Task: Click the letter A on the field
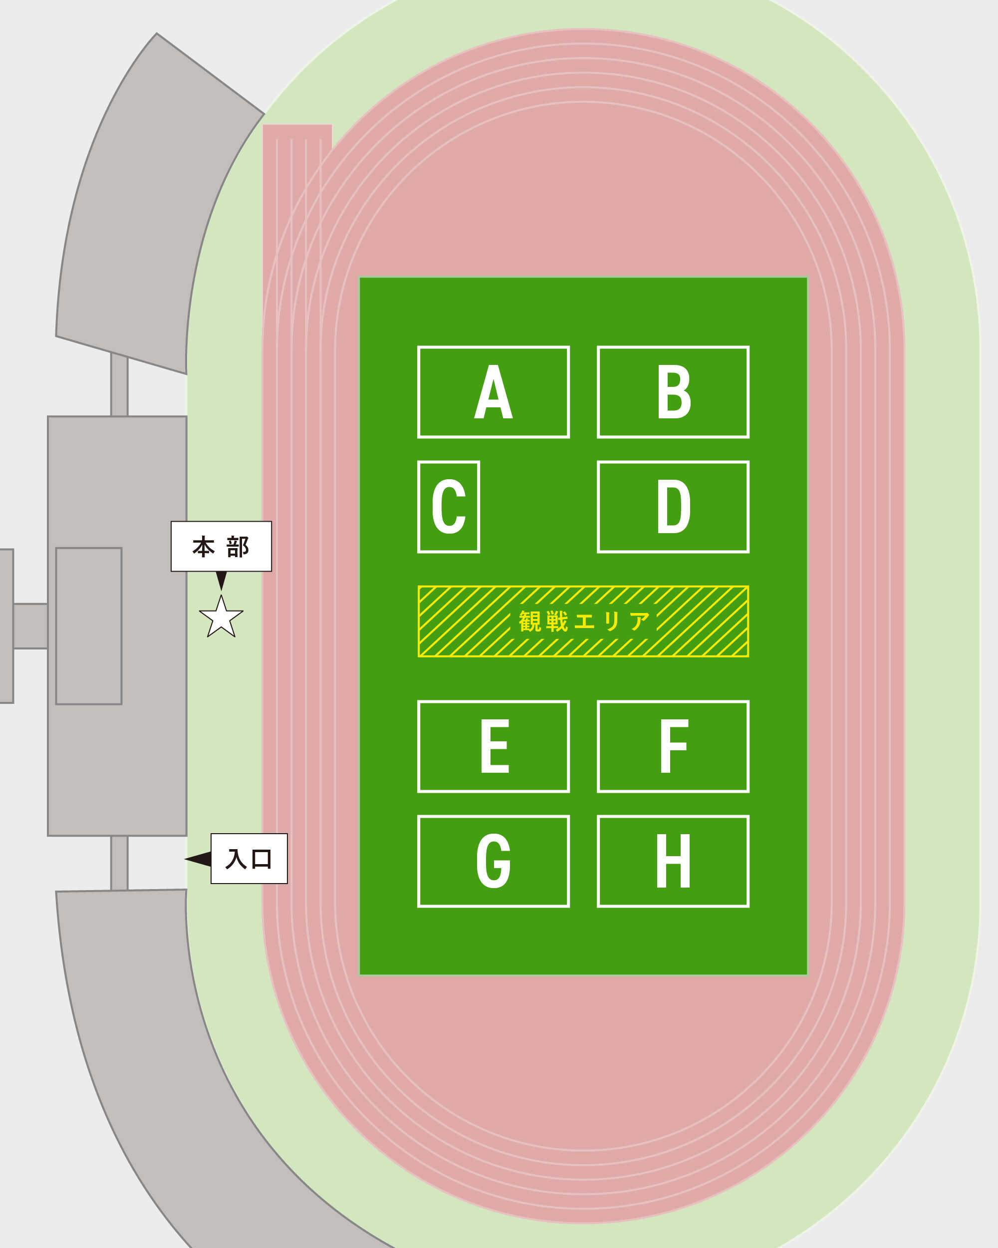(x=493, y=391)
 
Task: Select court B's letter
(x=674, y=391)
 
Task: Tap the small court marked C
(x=449, y=507)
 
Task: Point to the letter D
(x=674, y=507)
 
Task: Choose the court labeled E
(x=494, y=746)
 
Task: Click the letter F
(x=674, y=746)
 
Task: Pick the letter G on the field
(x=494, y=861)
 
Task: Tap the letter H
(x=674, y=861)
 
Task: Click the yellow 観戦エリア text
(x=584, y=621)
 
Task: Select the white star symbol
(x=221, y=617)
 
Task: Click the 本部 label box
(x=221, y=547)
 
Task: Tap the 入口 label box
(x=249, y=859)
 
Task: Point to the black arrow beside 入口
(x=198, y=859)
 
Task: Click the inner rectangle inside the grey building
(x=88, y=625)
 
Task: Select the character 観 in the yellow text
(x=529, y=621)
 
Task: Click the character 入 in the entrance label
(x=236, y=859)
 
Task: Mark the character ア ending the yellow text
(x=640, y=621)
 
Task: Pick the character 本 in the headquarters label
(x=204, y=547)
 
